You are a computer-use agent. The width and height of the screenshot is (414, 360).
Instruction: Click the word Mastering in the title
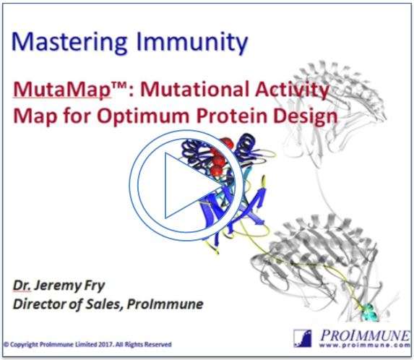(x=69, y=42)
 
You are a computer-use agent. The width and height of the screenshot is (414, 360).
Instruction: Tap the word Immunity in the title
(x=192, y=42)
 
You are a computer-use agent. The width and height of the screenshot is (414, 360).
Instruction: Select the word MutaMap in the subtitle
(x=62, y=89)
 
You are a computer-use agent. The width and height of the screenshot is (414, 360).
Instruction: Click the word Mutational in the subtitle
(x=195, y=89)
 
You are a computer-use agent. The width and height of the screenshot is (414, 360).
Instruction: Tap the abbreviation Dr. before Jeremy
(x=22, y=286)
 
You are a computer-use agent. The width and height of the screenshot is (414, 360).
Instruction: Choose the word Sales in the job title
(x=105, y=304)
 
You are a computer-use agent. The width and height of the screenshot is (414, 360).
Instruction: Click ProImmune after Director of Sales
(x=165, y=304)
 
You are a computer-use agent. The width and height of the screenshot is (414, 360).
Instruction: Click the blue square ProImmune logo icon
(x=303, y=338)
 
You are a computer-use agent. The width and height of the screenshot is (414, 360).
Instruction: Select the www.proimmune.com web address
(x=364, y=346)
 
